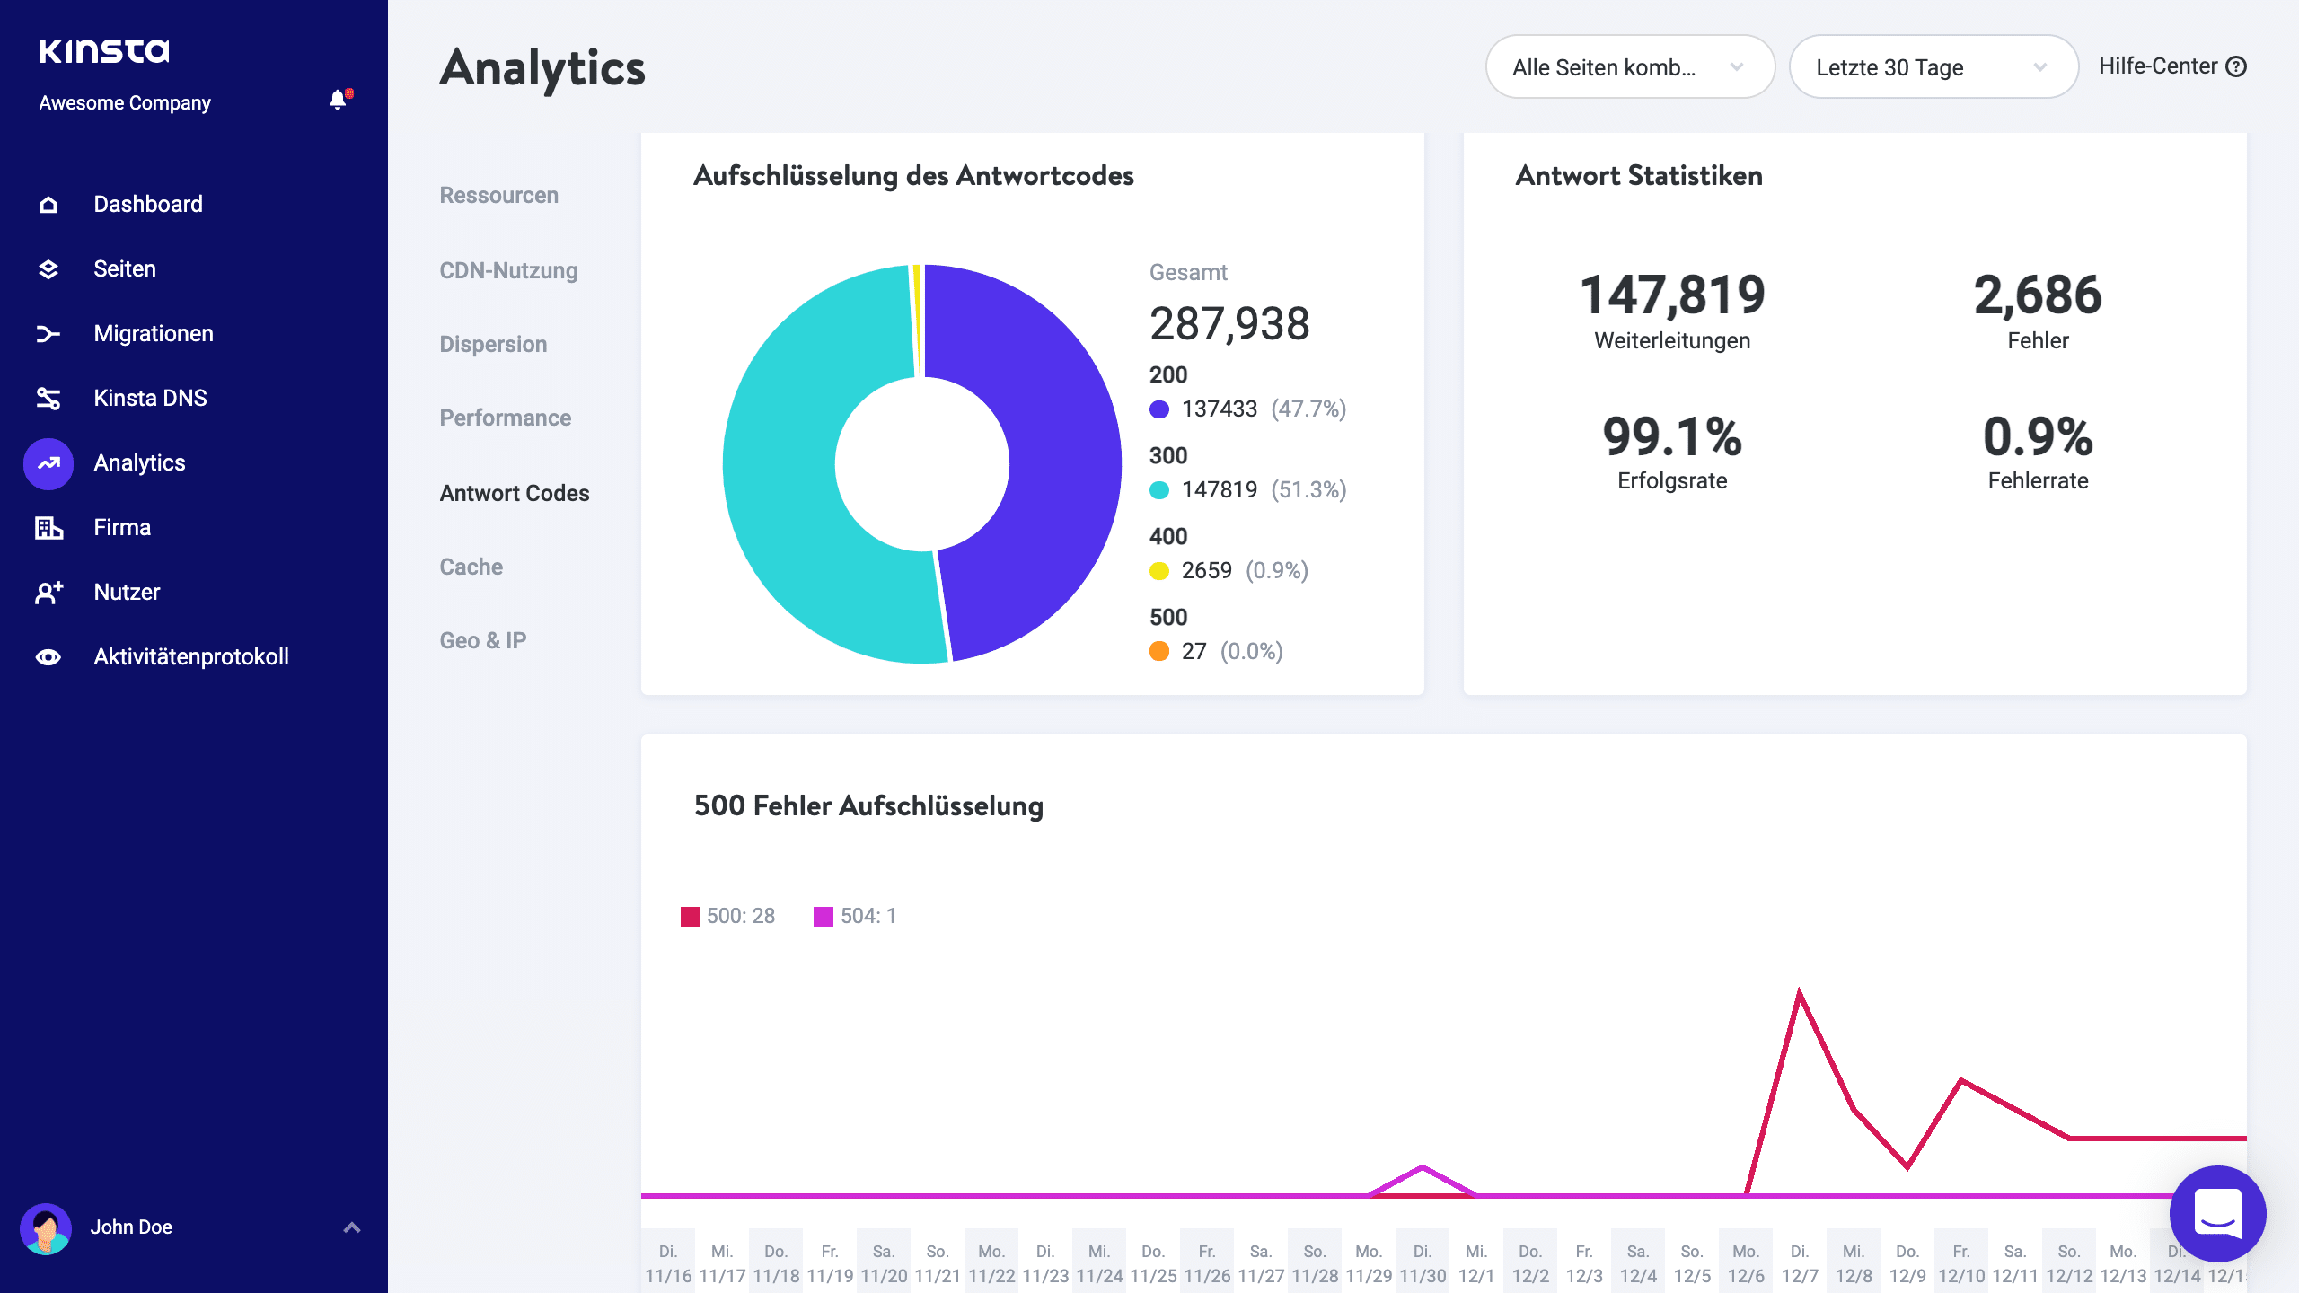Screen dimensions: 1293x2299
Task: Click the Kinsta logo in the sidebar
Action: point(103,50)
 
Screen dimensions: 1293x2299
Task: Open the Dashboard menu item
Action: point(147,204)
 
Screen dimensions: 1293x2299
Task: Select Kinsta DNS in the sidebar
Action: point(150,398)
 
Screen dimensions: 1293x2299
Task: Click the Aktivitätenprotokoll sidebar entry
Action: point(190,656)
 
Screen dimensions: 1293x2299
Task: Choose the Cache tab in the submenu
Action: point(471,567)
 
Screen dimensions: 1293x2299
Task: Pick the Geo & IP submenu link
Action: point(482,640)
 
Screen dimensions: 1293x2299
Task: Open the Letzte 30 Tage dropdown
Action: point(1933,67)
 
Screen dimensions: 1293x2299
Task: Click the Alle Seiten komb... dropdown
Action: point(1629,67)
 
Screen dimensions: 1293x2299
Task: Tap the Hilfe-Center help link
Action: point(2171,66)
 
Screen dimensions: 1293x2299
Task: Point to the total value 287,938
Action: point(1229,323)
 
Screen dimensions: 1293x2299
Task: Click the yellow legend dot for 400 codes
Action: point(1159,571)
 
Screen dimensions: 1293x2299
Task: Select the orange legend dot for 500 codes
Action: point(1159,652)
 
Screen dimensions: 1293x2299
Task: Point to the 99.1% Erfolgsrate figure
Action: point(1671,437)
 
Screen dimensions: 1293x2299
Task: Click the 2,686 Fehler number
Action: point(2037,295)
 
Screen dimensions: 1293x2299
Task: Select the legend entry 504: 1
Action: point(855,916)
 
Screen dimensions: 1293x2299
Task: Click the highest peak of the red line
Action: point(1799,993)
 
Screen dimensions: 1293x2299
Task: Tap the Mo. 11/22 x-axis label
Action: point(991,1262)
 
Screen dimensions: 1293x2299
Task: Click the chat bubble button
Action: point(2216,1213)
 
